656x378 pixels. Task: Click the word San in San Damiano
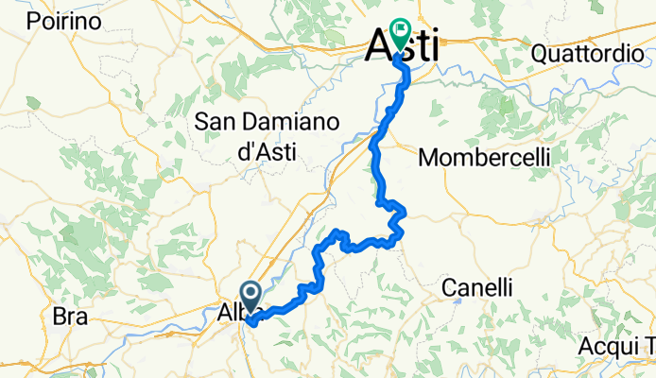[x=216, y=122]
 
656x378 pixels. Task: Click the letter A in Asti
[x=379, y=44]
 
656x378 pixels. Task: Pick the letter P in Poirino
[x=34, y=21]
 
